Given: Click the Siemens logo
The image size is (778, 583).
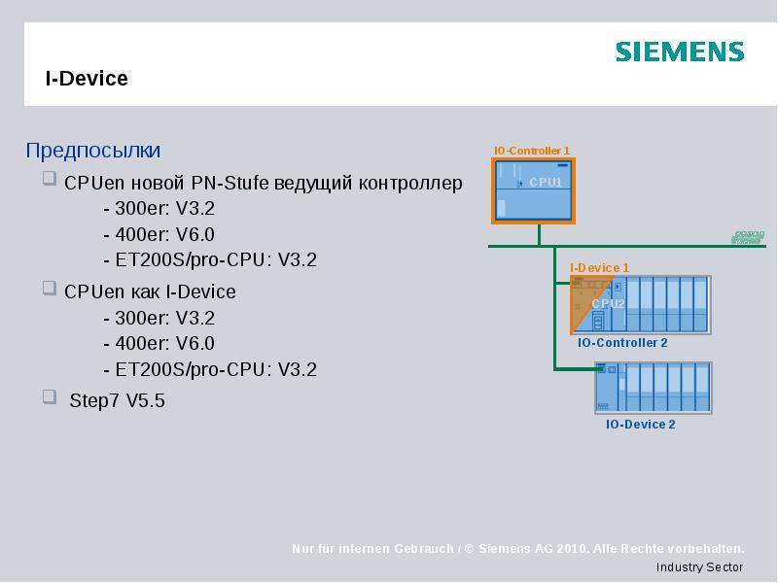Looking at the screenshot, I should (680, 52).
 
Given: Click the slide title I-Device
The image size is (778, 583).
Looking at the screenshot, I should (87, 79).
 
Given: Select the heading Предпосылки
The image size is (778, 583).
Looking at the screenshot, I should (92, 151).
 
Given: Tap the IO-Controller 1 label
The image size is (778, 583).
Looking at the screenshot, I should (531, 151).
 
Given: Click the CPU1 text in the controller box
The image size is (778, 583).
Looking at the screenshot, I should (546, 182).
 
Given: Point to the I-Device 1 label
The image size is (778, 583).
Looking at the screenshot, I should (599, 267).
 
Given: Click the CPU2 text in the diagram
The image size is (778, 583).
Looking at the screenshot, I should (608, 303).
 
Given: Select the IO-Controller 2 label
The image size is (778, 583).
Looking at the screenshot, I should (622, 343).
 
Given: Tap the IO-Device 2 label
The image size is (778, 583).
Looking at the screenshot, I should (640, 424).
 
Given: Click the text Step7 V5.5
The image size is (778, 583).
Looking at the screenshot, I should (118, 400).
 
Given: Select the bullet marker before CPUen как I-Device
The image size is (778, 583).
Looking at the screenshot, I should (50, 289).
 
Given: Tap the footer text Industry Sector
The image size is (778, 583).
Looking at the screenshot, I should (699, 567).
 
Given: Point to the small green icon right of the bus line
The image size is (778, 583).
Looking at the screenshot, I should (748, 237).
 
